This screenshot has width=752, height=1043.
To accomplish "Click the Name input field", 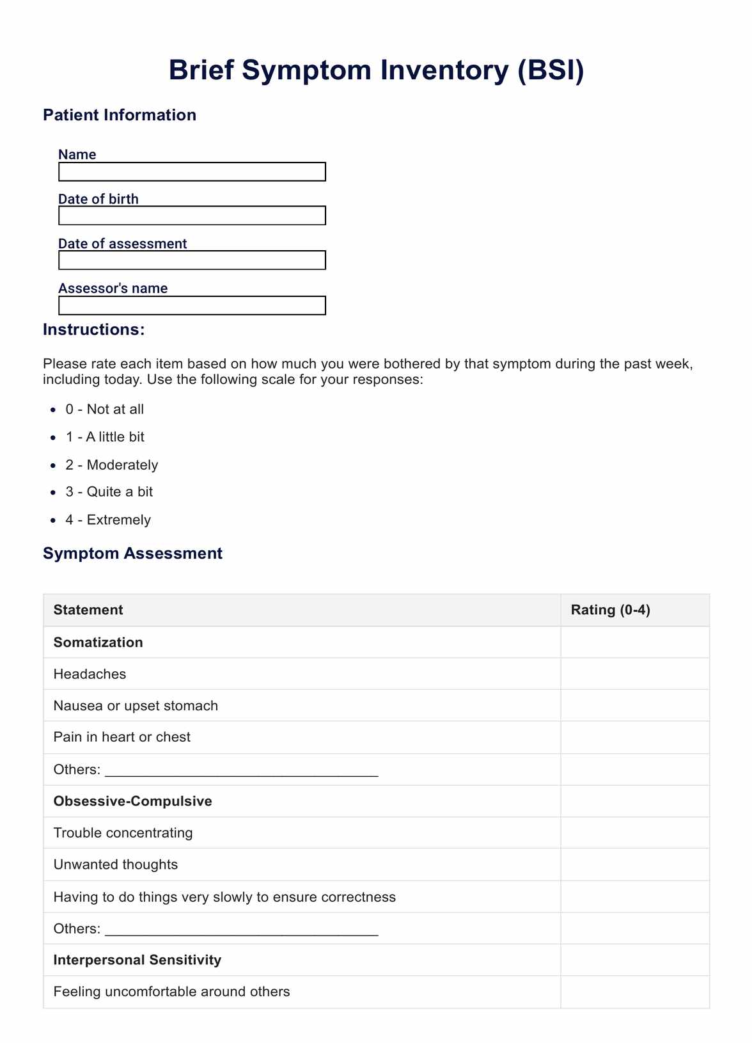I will [192, 171].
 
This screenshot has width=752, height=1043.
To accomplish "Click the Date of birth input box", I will [192, 216].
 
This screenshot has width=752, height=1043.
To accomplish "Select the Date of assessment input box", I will [192, 260].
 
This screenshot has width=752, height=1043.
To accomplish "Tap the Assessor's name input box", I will [192, 305].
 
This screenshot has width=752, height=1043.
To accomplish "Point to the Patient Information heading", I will [120, 115].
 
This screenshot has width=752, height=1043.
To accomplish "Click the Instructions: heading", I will [94, 330].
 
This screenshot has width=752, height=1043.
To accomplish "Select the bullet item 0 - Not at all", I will [104, 410].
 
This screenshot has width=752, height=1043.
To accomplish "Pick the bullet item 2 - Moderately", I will [111, 465].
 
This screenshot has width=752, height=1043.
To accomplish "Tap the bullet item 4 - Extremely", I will [107, 520].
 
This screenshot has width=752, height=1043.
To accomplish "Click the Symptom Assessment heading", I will [132, 553].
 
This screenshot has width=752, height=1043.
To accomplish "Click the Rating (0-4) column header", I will [610, 610].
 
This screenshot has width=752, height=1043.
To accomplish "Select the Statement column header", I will [88, 610].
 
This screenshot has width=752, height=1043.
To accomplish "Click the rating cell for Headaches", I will [634, 674].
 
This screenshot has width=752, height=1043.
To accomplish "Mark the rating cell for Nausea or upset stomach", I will [634, 706].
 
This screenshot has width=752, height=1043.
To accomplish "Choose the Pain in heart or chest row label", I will [122, 737].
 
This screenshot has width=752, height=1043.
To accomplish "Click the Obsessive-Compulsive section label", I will [132, 801].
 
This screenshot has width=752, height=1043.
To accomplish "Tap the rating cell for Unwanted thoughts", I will [634, 864].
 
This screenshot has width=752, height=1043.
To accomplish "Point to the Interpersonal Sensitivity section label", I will [137, 960].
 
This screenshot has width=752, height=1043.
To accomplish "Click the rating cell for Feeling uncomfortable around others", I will [634, 992].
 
